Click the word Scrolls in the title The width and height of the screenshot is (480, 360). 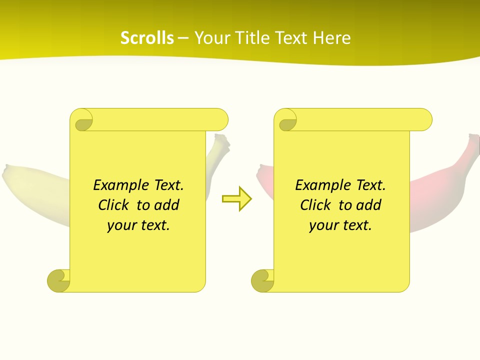[147, 38]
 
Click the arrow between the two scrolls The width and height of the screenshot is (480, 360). [237, 199]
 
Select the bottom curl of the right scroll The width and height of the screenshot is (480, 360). [262, 280]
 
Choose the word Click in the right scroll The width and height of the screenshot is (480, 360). [315, 205]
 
